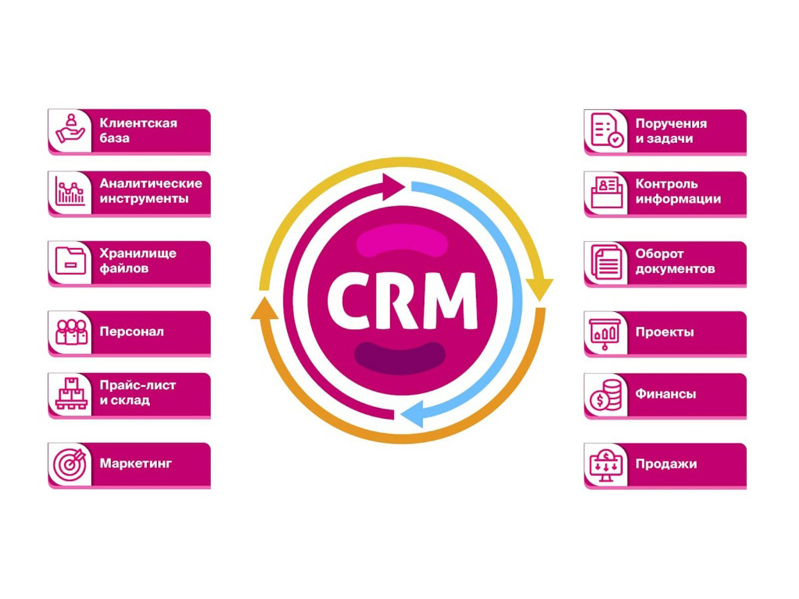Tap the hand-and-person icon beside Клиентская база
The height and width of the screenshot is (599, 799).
[71, 130]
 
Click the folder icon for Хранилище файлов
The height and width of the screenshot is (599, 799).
[71, 262]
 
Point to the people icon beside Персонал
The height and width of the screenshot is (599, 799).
[71, 331]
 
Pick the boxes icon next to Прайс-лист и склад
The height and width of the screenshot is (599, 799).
[71, 393]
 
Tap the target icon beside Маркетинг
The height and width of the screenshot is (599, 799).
[71, 464]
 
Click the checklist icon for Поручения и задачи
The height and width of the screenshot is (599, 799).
[607, 130]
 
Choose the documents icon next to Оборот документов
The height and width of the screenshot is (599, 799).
[607, 262]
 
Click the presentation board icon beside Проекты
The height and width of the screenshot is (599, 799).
[607, 331]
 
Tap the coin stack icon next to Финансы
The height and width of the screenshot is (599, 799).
[607, 394]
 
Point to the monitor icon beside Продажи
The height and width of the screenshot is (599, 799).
[607, 464]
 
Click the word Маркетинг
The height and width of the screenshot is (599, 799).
[136, 464]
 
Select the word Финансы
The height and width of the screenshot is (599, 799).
[666, 394]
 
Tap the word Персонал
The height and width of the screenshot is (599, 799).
[132, 331]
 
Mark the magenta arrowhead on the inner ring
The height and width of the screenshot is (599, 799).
[392, 184]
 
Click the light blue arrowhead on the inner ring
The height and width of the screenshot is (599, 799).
[413, 414]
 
